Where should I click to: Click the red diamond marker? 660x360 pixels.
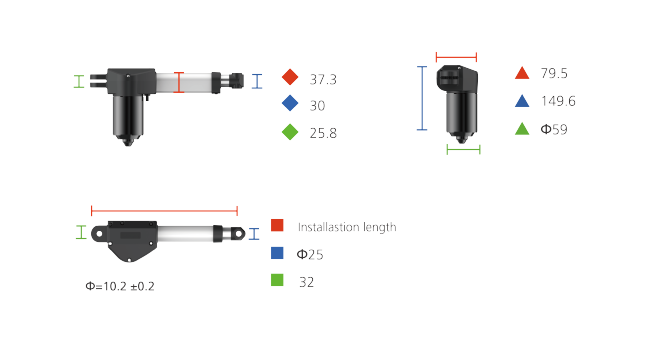coord(290,77)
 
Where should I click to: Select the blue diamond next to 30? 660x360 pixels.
coord(290,103)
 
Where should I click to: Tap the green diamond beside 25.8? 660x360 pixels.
coord(290,132)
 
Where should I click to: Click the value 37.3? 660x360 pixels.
coord(323,80)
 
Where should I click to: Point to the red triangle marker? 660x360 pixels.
coord(522,73)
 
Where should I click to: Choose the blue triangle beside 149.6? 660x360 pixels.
coord(522,101)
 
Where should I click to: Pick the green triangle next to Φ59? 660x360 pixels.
coord(522,129)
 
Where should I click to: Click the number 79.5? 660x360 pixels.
coord(554,73)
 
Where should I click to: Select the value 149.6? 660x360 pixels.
coord(558,101)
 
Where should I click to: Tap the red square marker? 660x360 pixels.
coord(277,225)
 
